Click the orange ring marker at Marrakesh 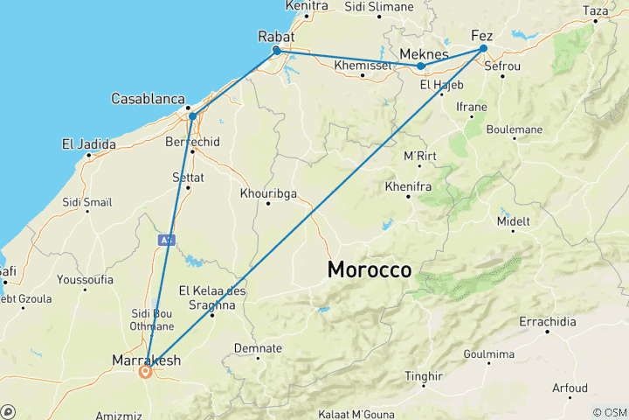[x=146, y=371]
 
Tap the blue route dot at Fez [x=483, y=49]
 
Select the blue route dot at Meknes [x=421, y=66]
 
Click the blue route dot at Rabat [x=277, y=51]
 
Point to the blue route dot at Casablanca [x=192, y=116]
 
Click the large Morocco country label [x=370, y=270]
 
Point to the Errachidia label [x=547, y=322]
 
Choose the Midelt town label [x=513, y=221]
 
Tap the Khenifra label [x=408, y=186]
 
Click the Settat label [x=188, y=177]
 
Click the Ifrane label [x=472, y=107]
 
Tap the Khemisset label [x=363, y=65]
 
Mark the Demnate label [x=259, y=348]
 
